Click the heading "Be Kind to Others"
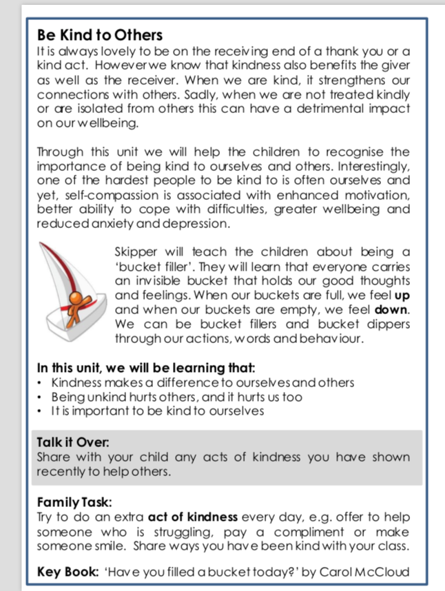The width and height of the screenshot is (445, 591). coord(99,35)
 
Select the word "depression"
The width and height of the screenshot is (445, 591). coord(200,223)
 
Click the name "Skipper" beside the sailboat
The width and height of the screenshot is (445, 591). coord(136,252)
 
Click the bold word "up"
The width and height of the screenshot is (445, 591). coord(403,295)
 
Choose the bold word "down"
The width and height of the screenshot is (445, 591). coord(393,310)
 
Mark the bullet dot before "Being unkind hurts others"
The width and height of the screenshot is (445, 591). coord(41,397)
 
